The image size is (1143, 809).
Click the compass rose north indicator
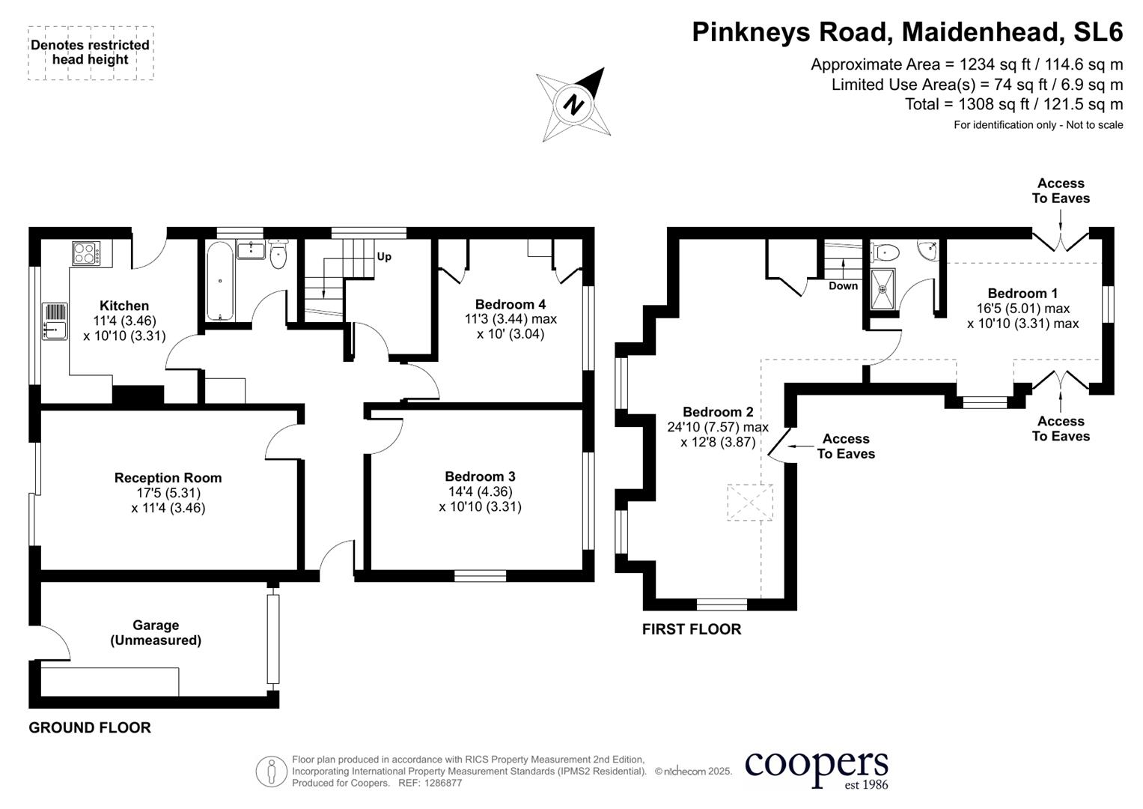coord(574,104)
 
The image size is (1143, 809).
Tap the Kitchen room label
coord(124,306)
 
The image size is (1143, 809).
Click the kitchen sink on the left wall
coord(55,320)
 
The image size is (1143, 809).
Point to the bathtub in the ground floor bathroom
coord(220,281)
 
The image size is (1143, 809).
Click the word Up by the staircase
coord(384,257)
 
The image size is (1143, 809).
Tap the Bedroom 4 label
coord(510,304)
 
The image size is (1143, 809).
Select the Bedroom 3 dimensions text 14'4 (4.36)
coord(480,491)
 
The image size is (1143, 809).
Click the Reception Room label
coord(168,478)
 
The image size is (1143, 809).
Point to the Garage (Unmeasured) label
coord(156,633)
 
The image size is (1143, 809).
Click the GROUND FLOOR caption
coord(90,727)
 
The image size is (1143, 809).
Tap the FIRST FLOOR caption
coord(692,629)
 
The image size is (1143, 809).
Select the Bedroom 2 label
coord(718,412)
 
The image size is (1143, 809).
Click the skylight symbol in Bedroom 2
coord(750,502)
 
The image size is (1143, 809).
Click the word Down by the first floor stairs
coord(843,286)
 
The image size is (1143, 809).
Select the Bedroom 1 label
coord(1022,294)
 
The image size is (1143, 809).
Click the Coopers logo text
coord(817,765)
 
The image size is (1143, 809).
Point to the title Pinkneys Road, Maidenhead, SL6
coord(907,32)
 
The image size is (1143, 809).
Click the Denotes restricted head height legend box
coord(91,52)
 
